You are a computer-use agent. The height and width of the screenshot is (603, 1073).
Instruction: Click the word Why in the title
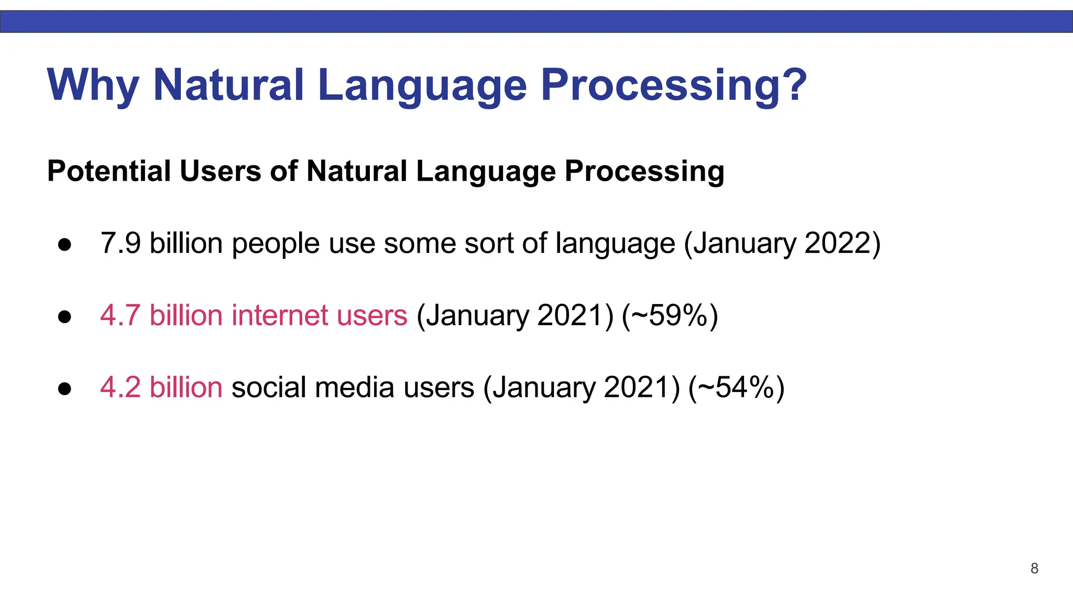93,85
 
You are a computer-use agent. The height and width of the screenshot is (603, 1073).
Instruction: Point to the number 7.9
121,243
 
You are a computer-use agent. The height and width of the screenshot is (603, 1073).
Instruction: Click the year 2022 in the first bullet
836,243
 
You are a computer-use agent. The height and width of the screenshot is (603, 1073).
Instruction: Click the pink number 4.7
121,316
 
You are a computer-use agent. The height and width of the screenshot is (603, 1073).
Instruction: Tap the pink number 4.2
121,388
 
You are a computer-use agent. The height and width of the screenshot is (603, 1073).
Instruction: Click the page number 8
1034,568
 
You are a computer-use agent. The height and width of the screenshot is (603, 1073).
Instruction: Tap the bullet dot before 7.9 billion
64,244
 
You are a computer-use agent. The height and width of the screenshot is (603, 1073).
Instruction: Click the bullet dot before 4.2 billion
64,389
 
